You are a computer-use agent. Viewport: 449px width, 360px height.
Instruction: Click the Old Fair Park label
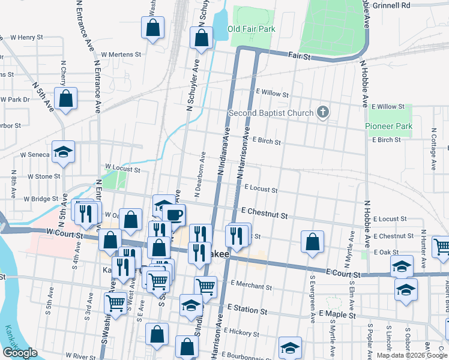tap(252, 29)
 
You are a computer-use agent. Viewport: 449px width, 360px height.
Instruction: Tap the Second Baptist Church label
tap(271, 113)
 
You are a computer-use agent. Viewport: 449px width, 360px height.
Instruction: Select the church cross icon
tap(323, 112)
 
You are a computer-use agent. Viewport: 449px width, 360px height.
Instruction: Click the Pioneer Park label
tap(388, 126)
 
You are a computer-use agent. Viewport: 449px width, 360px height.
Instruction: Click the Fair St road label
tap(298, 56)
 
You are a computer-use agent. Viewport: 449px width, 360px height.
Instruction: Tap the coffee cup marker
tap(174, 214)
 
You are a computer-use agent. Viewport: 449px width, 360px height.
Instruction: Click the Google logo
tap(20, 353)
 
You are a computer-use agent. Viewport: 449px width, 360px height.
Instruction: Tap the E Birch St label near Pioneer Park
tap(386, 139)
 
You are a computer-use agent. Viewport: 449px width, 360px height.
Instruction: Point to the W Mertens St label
tap(121, 54)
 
